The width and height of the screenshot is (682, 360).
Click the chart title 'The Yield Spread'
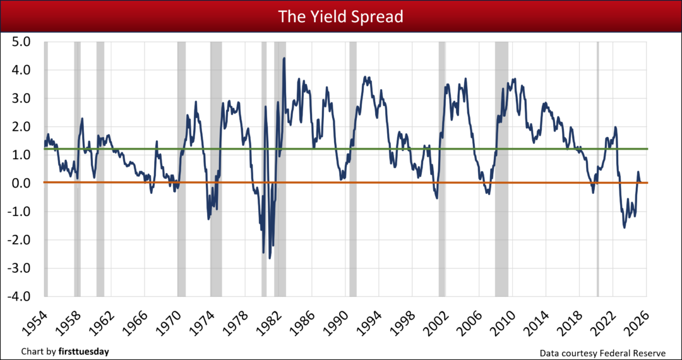click(x=341, y=16)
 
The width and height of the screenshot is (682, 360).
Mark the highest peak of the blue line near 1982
click(x=284, y=58)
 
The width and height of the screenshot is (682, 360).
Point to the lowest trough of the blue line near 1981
click(x=270, y=258)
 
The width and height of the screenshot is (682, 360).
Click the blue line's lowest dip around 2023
click(x=625, y=227)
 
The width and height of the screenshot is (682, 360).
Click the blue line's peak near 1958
click(x=82, y=118)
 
